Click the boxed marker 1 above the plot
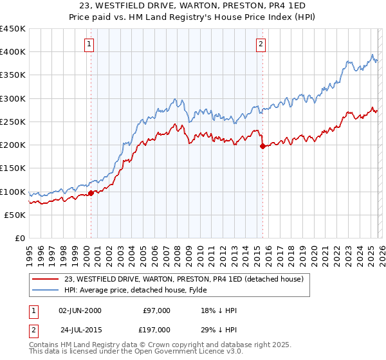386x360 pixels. tap(89, 44)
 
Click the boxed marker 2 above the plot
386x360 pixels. tap(261, 44)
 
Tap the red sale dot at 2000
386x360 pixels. tap(91, 192)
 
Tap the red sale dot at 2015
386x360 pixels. tap(262, 146)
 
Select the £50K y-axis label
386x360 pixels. tap(15, 215)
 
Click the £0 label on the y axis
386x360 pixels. tap(20, 238)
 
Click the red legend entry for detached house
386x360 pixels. tap(188, 279)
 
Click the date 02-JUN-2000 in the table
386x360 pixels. tap(80, 310)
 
